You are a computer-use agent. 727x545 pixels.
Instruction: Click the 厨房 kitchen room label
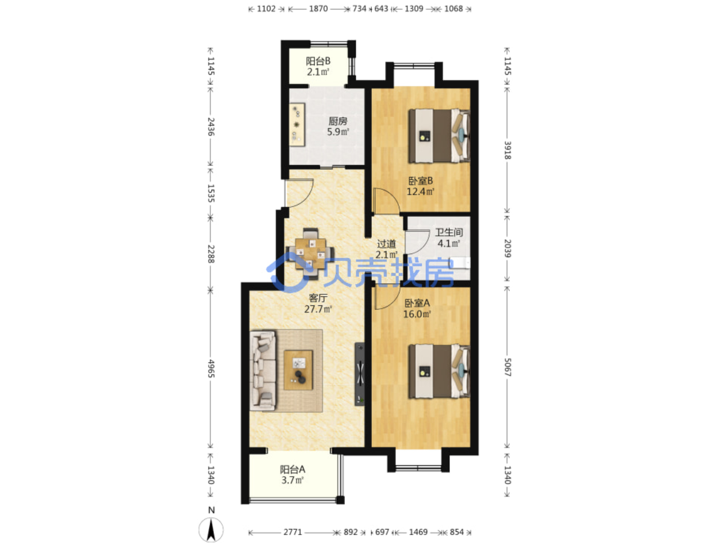[337, 121]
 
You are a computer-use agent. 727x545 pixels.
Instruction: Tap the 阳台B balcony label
[318, 62]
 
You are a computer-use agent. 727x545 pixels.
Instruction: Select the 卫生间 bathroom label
[448, 232]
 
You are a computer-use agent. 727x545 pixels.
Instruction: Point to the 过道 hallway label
[386, 244]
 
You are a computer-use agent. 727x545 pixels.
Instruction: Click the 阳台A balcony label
[292, 469]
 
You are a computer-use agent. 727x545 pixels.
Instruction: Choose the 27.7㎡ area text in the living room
[318, 309]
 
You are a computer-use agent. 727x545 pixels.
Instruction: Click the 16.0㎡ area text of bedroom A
[417, 314]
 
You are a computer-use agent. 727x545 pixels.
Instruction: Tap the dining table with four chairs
[310, 254]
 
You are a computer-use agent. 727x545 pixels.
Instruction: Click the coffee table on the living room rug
[298, 370]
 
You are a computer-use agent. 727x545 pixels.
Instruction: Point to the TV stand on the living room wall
[360, 374]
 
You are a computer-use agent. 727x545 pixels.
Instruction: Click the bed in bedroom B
[439, 136]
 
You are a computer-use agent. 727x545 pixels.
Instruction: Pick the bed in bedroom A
[439, 371]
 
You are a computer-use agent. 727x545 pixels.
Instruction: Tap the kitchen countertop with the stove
[297, 125]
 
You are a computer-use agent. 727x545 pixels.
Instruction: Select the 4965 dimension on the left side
[211, 369]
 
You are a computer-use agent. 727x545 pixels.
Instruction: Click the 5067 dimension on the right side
[507, 367]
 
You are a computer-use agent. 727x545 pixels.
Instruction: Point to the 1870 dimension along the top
[318, 9]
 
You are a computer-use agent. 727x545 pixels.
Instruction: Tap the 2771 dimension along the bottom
[293, 532]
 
